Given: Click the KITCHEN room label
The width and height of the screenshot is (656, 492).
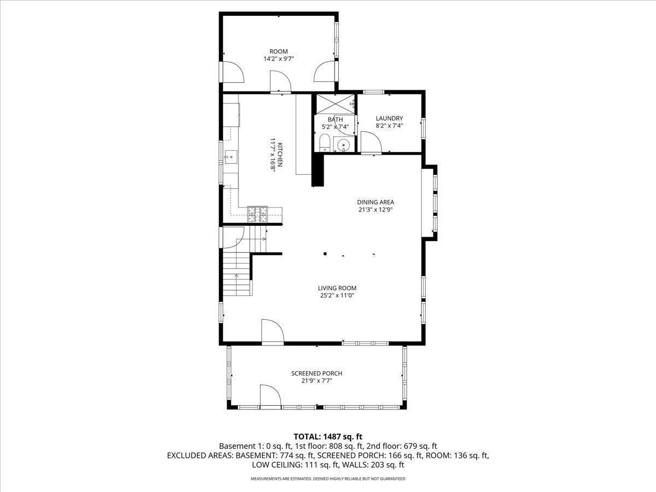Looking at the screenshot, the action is pyautogui.click(x=280, y=155).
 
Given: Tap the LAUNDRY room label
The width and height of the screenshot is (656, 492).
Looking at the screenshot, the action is pyautogui.click(x=389, y=118).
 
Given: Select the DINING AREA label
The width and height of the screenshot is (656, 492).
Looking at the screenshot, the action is pyautogui.click(x=376, y=202).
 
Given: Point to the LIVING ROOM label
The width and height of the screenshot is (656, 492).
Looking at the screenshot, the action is pyautogui.click(x=337, y=288).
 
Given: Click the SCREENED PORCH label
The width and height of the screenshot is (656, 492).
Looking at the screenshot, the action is pyautogui.click(x=317, y=373).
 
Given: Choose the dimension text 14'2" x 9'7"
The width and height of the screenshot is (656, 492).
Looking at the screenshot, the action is pyautogui.click(x=279, y=59).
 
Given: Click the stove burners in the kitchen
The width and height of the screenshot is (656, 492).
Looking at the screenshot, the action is pyautogui.click(x=257, y=214).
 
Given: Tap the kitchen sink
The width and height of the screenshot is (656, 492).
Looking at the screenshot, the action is pyautogui.click(x=231, y=157).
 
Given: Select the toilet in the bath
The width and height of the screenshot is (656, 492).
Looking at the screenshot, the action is pyautogui.click(x=324, y=143).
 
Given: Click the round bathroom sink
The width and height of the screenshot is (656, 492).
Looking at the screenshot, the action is pyautogui.click(x=344, y=145).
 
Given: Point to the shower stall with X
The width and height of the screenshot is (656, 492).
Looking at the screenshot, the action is pyautogui.click(x=335, y=104).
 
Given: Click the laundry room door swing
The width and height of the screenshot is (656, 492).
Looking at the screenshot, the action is pyautogui.click(x=372, y=142).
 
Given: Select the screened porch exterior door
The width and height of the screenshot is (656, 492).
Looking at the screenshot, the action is pyautogui.click(x=271, y=395).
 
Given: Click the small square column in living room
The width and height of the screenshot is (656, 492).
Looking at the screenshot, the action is pyautogui.click(x=325, y=254).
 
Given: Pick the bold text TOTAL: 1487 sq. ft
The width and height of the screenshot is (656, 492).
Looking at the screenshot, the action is pyautogui.click(x=328, y=437).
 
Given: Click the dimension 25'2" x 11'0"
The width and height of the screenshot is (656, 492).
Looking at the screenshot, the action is pyautogui.click(x=337, y=296).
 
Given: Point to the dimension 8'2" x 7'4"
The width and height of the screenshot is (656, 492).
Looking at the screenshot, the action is pyautogui.click(x=389, y=126).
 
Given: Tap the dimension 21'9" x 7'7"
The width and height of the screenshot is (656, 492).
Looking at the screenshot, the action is pyautogui.click(x=317, y=381).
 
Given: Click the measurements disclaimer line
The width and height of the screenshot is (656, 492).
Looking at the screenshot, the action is pyautogui.click(x=328, y=478).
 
